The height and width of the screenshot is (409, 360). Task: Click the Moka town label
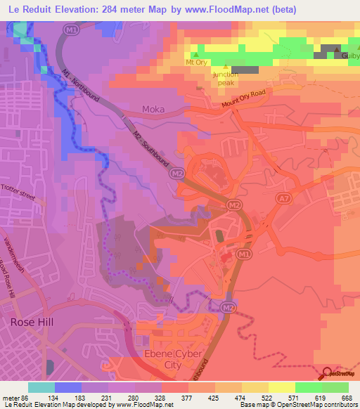[x=153, y=109]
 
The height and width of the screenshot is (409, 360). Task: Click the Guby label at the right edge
[x=350, y=56]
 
